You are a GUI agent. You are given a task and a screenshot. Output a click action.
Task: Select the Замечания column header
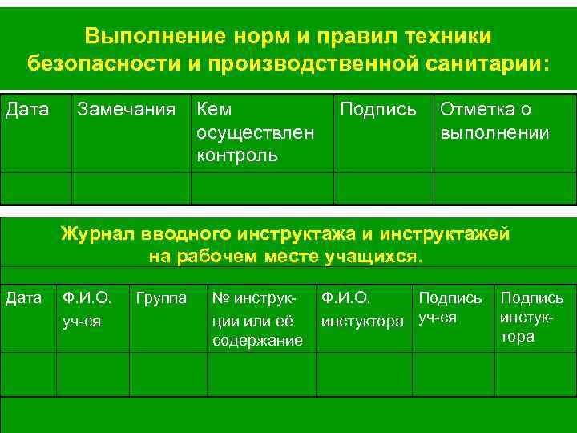click(x=125, y=110)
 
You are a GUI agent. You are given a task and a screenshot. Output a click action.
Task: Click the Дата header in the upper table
click(x=27, y=109)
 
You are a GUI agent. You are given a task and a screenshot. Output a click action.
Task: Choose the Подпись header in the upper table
click(x=378, y=110)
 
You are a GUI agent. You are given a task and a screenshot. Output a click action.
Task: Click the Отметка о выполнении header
click(x=494, y=121)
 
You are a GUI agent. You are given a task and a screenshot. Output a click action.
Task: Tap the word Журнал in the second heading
click(x=100, y=235)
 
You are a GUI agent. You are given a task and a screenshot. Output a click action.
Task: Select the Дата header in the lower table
click(x=24, y=299)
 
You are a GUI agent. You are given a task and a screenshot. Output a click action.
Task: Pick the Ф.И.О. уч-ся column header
click(x=87, y=309)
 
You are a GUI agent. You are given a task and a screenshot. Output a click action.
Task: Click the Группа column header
click(x=162, y=299)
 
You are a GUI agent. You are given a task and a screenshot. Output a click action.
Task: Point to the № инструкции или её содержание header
click(x=257, y=320)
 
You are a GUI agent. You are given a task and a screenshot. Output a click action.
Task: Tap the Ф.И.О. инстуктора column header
click(x=362, y=309)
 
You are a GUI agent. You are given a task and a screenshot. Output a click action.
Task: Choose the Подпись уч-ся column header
click(x=450, y=308)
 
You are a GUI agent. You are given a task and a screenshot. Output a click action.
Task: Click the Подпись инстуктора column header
click(x=532, y=317)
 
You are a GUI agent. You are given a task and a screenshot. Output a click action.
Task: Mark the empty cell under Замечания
click(x=131, y=188)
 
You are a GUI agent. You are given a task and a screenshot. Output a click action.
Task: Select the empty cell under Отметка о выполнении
click(x=505, y=188)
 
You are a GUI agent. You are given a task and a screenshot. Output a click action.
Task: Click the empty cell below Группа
click(x=168, y=374)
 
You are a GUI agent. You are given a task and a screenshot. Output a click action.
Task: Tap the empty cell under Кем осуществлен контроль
click(x=262, y=188)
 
